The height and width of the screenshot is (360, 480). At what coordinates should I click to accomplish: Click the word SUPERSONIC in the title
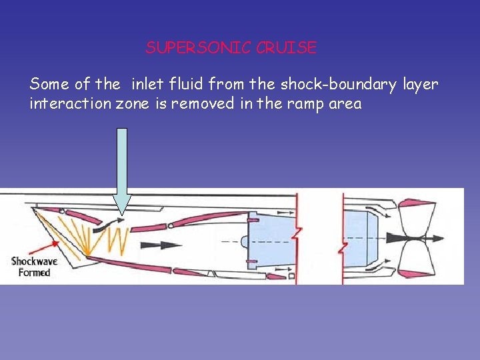click(x=198, y=48)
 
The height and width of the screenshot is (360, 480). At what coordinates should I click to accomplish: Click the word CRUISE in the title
click(x=286, y=48)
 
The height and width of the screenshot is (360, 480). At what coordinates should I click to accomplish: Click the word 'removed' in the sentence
click(x=205, y=104)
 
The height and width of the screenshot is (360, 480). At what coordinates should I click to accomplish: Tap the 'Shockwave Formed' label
click(x=34, y=267)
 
